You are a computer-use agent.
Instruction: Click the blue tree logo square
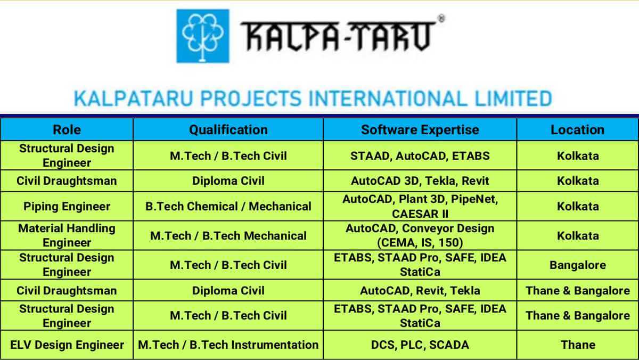[x=203, y=36]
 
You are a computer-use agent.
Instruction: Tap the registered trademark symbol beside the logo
[x=441, y=19]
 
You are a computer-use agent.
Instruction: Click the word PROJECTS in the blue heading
[x=251, y=99]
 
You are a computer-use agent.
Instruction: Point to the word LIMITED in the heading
[x=513, y=99]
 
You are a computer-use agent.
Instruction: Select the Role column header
[x=67, y=130]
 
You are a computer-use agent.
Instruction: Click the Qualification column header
[x=228, y=130]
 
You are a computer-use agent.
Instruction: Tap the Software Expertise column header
[x=420, y=130]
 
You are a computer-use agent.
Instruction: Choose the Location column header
[x=577, y=130]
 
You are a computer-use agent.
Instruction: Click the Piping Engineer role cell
[x=67, y=206]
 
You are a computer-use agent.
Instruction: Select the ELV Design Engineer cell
[x=67, y=345]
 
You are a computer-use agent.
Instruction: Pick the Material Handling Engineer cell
[x=67, y=235]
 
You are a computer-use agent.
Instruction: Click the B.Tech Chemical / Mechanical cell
[x=228, y=206]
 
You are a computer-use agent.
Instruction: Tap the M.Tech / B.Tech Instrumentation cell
[x=228, y=345]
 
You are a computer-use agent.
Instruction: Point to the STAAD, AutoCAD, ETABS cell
[x=420, y=156]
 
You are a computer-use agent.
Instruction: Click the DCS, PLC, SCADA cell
[x=420, y=345]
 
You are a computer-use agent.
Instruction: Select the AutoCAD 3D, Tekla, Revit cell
[x=420, y=181]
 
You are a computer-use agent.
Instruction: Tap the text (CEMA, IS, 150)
[x=420, y=243]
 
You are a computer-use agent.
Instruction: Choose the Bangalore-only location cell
[x=578, y=265]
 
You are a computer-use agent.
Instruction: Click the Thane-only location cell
[x=578, y=345]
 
